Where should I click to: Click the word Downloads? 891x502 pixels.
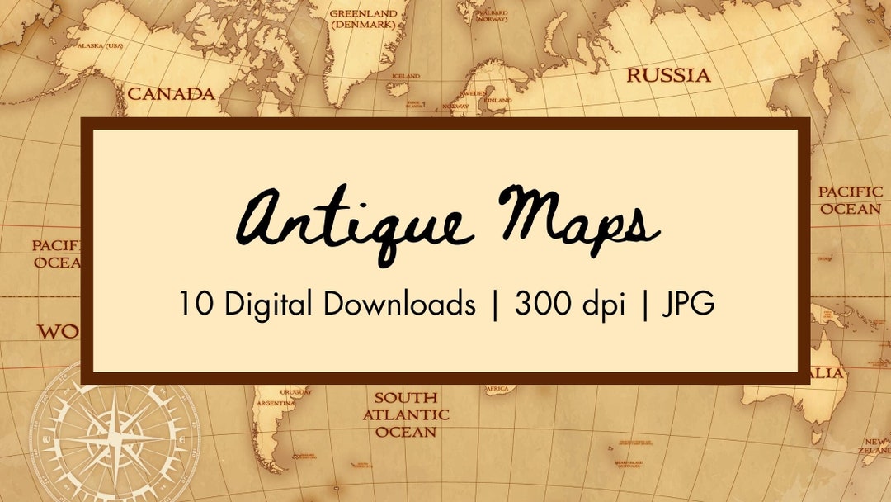(399, 305)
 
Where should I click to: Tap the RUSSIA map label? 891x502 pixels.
(668, 76)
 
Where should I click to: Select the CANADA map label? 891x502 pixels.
(171, 94)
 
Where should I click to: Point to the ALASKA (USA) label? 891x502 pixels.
(100, 46)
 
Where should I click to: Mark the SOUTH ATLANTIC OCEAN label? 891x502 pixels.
(406, 415)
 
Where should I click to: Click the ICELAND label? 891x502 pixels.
(405, 76)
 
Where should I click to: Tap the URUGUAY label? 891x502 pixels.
(295, 392)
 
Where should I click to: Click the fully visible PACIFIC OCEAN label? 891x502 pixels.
(850, 201)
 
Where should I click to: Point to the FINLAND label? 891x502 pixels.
(498, 100)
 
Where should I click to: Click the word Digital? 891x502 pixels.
(266, 305)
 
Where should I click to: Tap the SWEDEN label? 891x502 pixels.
(472, 95)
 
